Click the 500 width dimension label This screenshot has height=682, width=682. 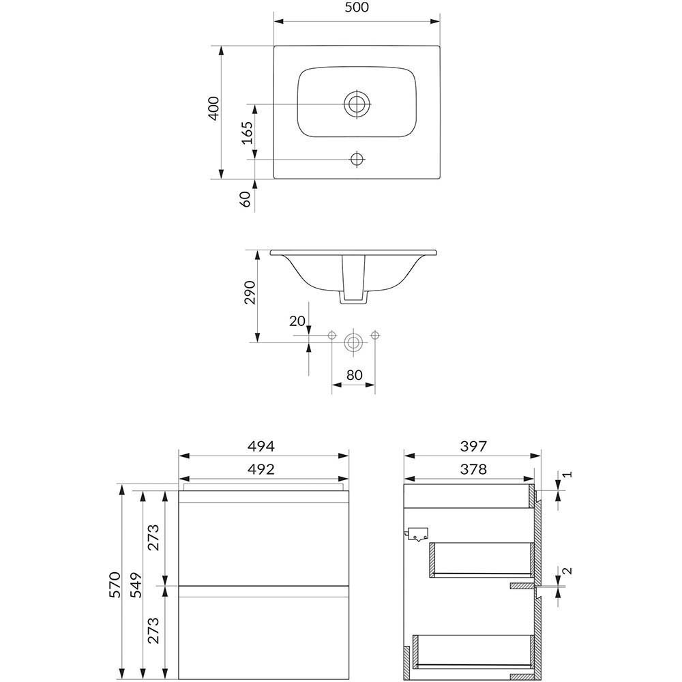point(357,8)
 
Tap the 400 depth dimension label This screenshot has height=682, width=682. point(213,108)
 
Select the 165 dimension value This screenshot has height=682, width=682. point(247,133)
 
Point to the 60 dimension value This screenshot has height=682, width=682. point(246,198)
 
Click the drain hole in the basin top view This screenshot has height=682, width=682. point(357,104)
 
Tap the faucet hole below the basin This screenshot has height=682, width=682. point(357,159)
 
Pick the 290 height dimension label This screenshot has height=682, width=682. point(250,293)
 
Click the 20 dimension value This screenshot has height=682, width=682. point(297,321)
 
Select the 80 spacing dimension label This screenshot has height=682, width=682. point(355,375)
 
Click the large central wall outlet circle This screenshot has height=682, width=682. point(353,342)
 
